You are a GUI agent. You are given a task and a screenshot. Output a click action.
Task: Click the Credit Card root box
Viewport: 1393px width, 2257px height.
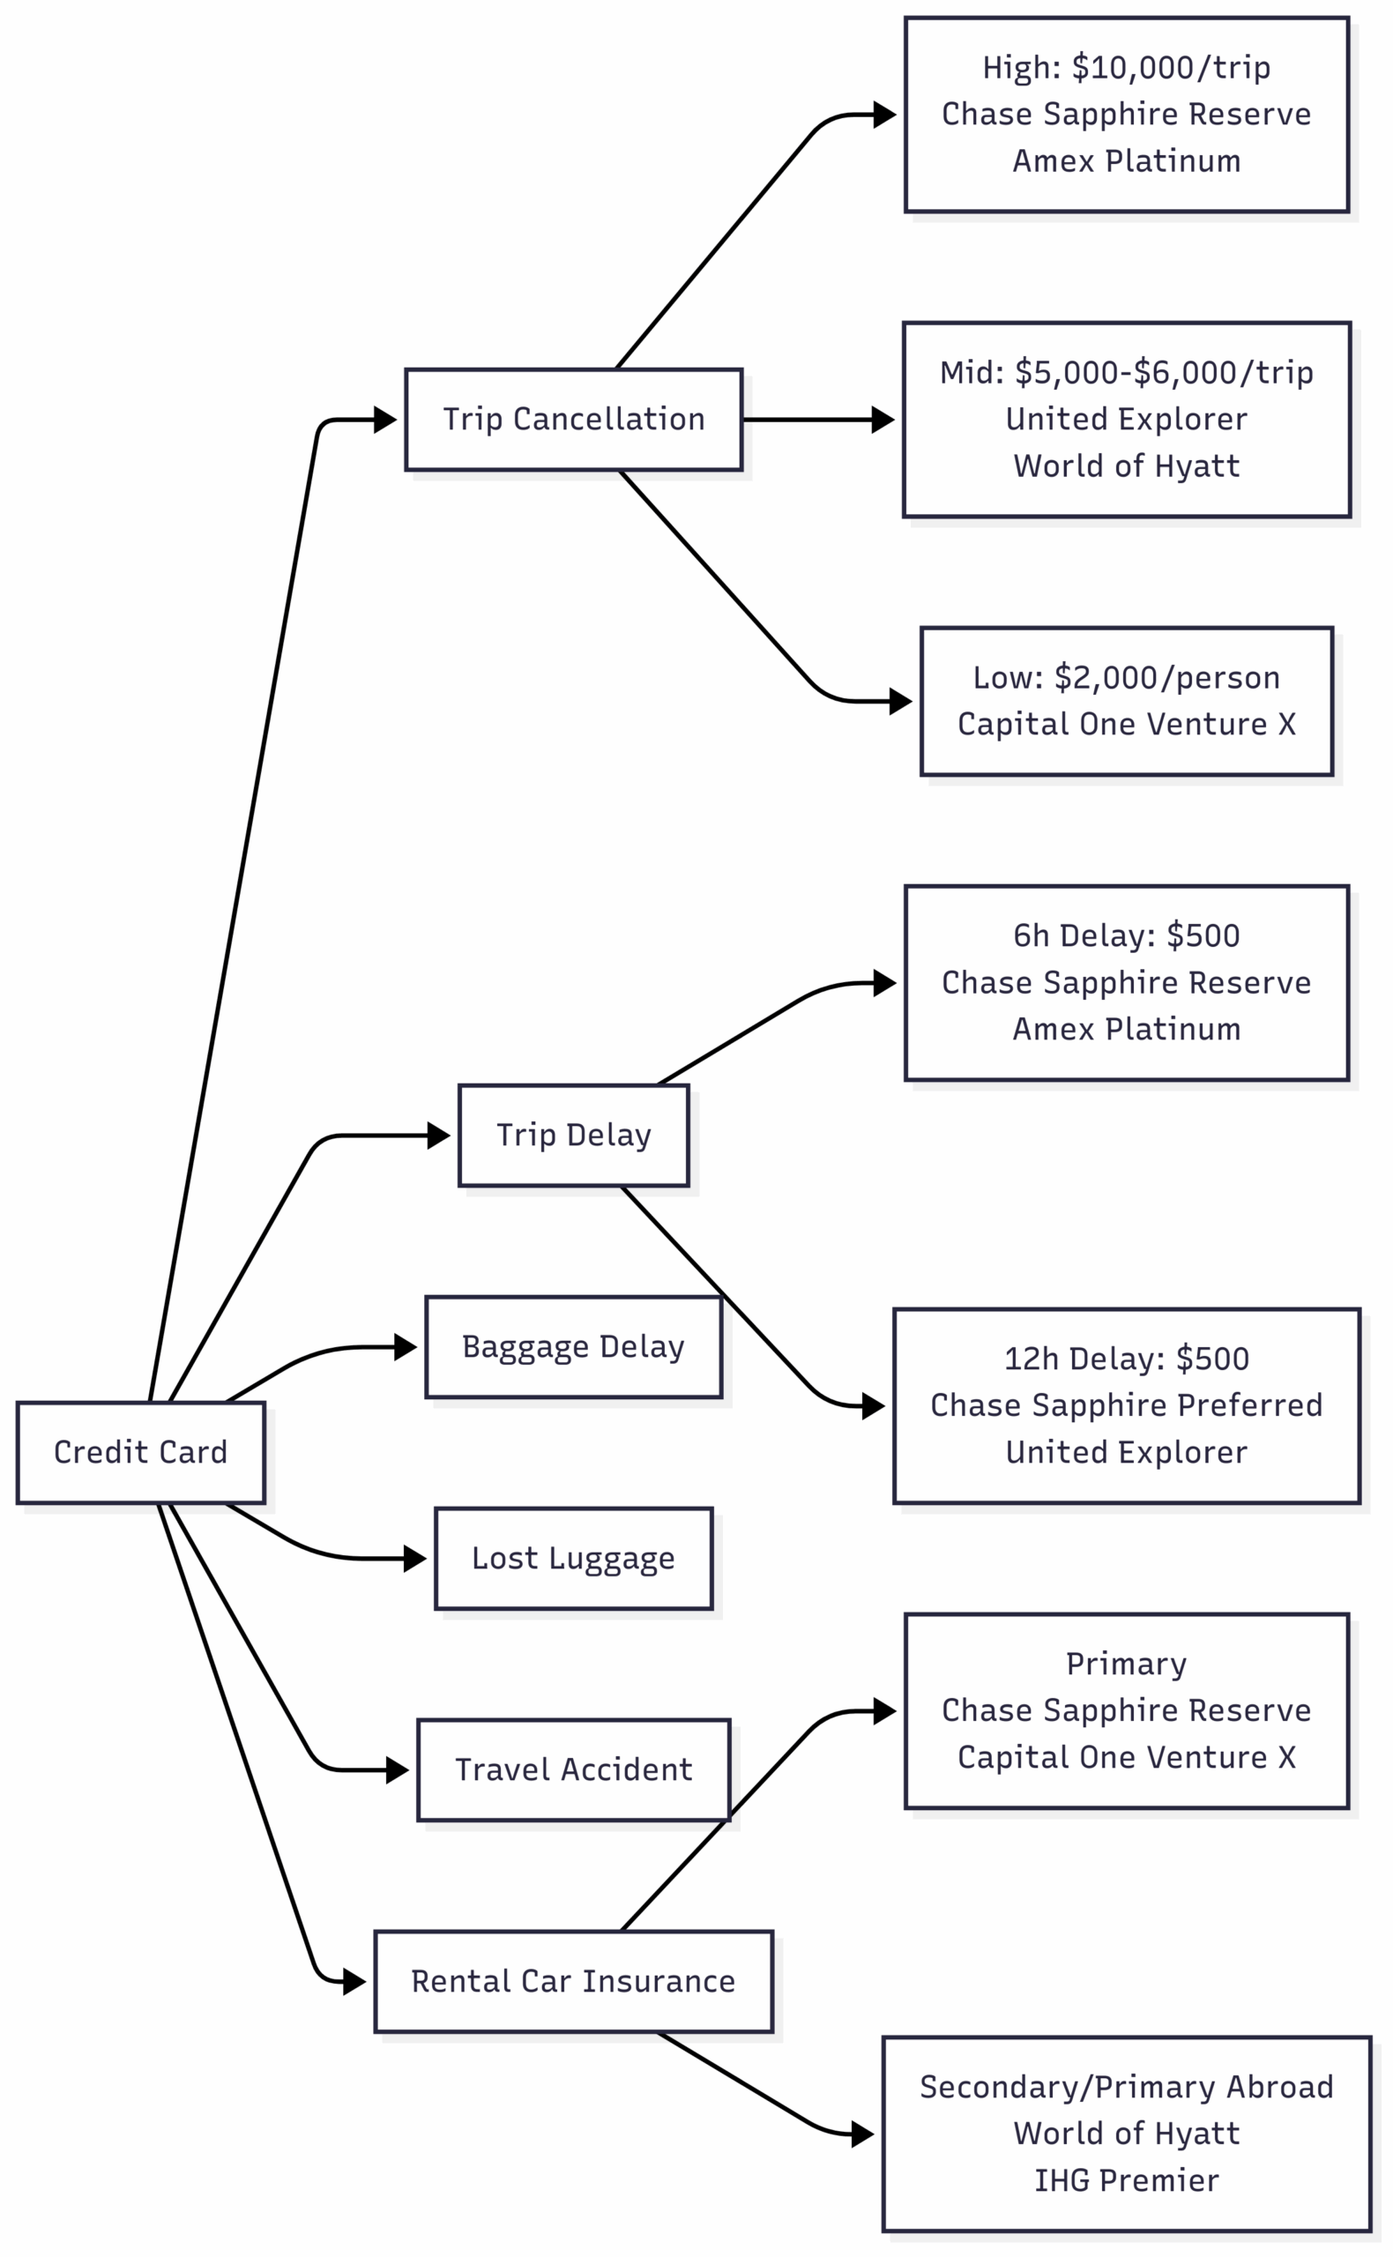click(x=140, y=1453)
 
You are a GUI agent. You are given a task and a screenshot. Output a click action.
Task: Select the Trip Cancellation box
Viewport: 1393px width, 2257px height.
click(x=573, y=419)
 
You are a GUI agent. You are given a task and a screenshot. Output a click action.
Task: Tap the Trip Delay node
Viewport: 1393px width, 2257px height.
click(x=573, y=1135)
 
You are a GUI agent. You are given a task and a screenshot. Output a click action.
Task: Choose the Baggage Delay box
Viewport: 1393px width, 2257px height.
click(x=573, y=1347)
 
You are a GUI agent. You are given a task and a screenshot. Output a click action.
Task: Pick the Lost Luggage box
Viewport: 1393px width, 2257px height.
click(x=573, y=1559)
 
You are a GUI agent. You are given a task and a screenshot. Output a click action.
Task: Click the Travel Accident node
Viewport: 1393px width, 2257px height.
click(x=573, y=1769)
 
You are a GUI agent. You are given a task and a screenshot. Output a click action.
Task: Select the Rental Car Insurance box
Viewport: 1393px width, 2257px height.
click(x=573, y=1982)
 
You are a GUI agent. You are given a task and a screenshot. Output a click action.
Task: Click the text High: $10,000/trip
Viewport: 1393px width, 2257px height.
click(x=1126, y=67)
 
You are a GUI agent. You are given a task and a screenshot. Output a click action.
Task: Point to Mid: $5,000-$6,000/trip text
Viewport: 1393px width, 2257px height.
click(x=1126, y=372)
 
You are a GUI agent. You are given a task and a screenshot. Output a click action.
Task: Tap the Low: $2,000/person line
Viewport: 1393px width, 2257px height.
click(x=1126, y=677)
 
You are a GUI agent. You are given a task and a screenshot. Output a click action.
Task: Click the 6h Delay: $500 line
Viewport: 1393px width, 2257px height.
click(x=1126, y=935)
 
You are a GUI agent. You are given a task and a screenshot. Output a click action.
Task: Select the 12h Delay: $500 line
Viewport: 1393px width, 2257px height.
click(x=1126, y=1359)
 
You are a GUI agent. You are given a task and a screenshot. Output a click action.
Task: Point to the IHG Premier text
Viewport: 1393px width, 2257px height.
click(x=1126, y=2180)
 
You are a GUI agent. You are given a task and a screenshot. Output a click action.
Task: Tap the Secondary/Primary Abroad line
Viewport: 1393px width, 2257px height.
click(x=1126, y=2087)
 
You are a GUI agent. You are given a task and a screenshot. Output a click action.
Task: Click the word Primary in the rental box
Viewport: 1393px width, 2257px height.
click(x=1126, y=1664)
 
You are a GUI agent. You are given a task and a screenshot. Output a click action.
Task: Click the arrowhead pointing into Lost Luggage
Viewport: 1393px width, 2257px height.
click(x=415, y=1559)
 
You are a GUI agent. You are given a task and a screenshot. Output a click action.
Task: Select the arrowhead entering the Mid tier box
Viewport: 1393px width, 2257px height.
click(x=883, y=419)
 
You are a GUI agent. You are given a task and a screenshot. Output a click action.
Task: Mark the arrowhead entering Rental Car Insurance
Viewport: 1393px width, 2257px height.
click(x=354, y=1982)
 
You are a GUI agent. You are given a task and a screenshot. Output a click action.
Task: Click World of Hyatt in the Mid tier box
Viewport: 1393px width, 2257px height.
click(x=1126, y=466)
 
